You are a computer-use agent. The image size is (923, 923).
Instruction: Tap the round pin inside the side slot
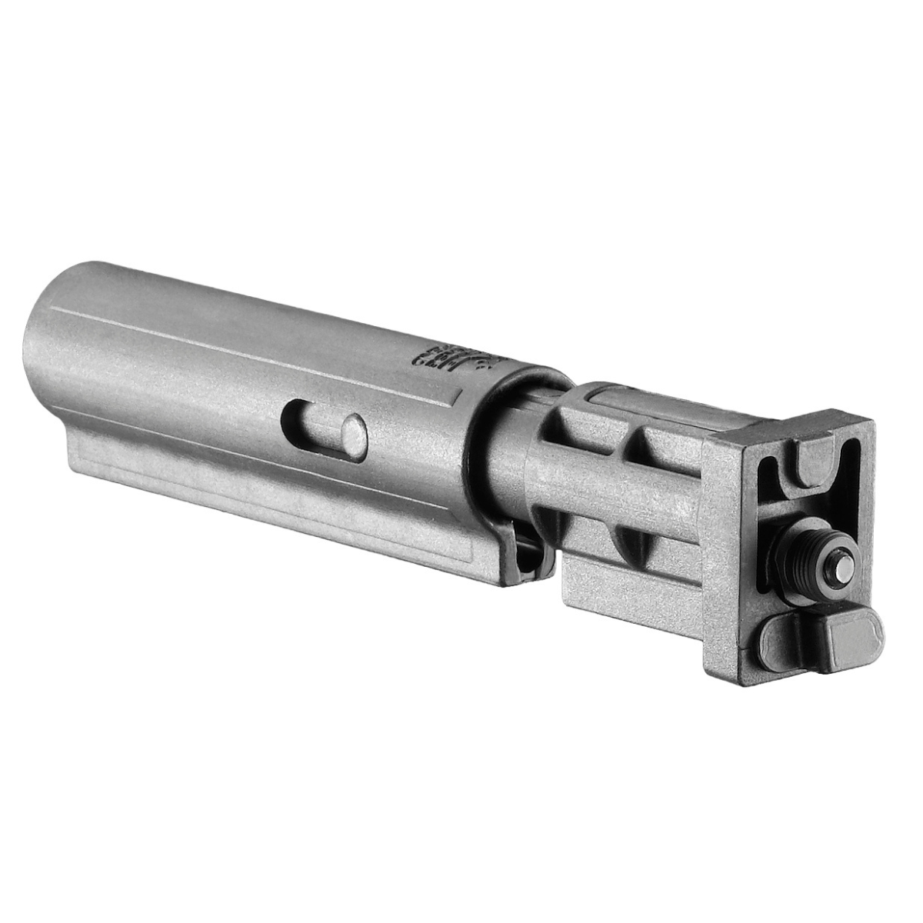(x=352, y=432)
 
